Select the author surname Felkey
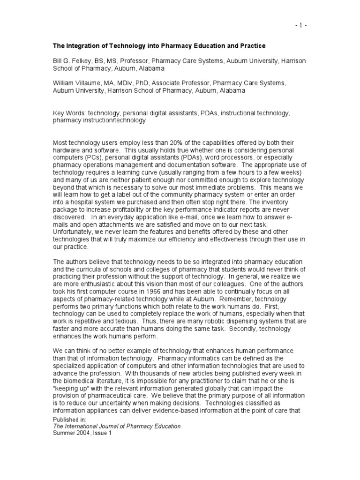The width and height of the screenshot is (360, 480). [x=78, y=60]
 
